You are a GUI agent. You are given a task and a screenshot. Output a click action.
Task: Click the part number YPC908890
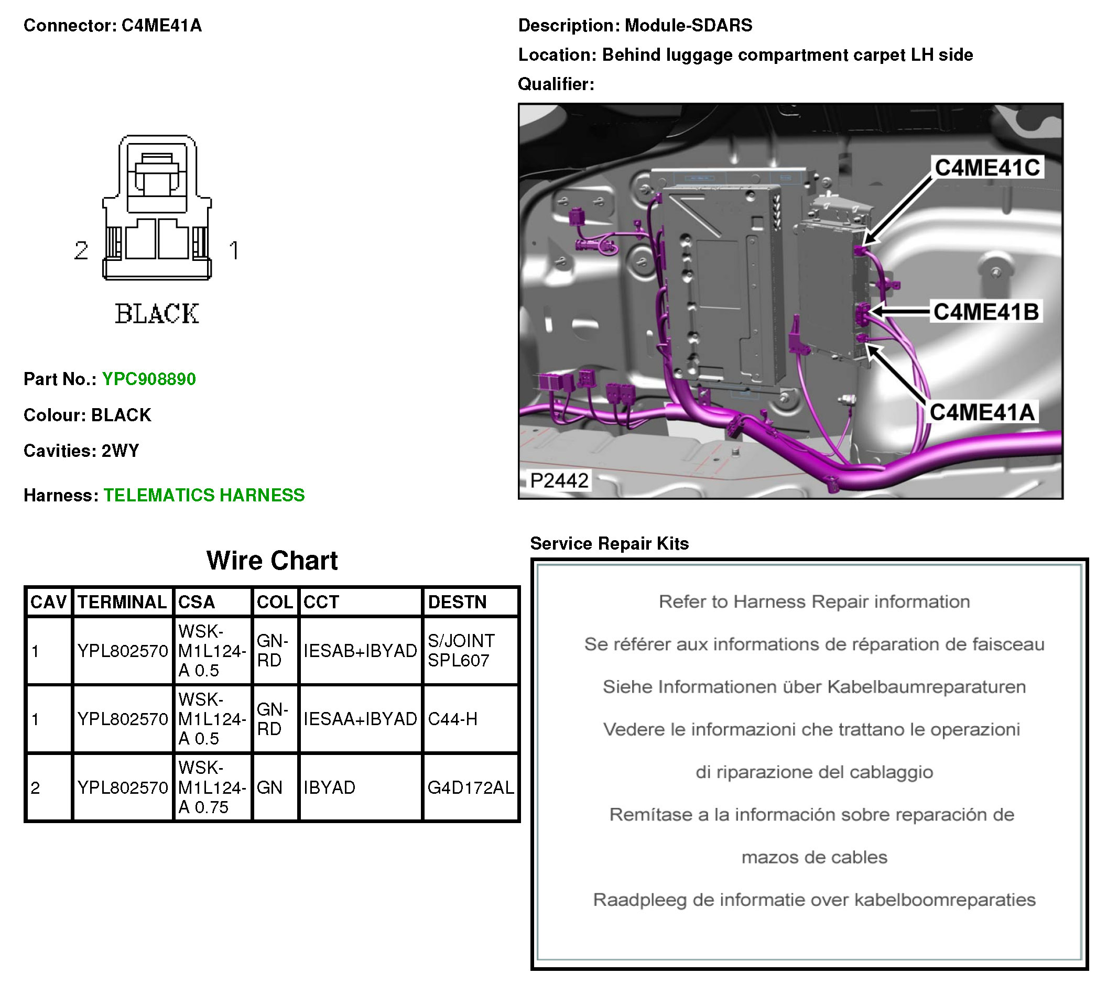(149, 379)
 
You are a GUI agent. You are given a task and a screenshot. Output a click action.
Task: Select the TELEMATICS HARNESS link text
(204, 495)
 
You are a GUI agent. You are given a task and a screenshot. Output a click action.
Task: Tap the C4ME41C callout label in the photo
(987, 168)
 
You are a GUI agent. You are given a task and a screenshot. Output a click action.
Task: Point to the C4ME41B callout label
(986, 312)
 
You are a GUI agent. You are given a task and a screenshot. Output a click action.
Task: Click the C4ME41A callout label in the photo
(981, 413)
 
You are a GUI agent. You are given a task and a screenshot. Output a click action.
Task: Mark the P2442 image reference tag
(559, 480)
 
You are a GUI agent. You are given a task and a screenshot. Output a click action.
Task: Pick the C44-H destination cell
(453, 719)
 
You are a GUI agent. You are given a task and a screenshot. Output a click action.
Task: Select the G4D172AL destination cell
(470, 787)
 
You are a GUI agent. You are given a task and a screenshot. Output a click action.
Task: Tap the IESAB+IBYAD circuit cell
(360, 650)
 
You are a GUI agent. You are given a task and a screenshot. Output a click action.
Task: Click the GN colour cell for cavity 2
(270, 787)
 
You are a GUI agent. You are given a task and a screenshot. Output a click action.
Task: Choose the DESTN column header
(457, 601)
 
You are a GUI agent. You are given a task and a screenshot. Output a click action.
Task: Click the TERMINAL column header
(123, 601)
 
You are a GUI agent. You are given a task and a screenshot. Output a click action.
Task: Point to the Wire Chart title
(272, 561)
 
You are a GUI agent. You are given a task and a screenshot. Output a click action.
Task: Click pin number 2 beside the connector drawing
(81, 250)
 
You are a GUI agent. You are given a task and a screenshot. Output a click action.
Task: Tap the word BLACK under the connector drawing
(157, 314)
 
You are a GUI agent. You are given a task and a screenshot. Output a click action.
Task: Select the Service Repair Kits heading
(609, 543)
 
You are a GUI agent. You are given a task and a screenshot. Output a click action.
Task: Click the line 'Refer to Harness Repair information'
(814, 601)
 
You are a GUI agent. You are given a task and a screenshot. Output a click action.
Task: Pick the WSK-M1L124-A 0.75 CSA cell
(212, 787)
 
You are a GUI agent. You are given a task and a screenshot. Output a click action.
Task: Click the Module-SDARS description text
(688, 26)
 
